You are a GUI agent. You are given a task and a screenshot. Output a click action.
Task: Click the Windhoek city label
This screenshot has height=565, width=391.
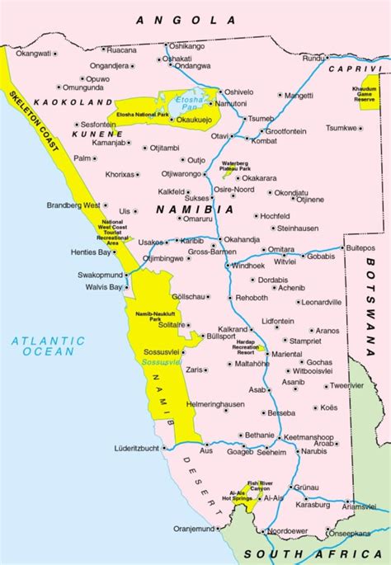247,266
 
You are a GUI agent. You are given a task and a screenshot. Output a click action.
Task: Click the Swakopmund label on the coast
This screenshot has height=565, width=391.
101,274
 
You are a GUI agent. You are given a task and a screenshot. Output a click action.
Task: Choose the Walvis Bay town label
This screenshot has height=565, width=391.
103,287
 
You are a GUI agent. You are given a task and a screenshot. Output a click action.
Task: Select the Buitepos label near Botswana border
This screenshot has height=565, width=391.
360,247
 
